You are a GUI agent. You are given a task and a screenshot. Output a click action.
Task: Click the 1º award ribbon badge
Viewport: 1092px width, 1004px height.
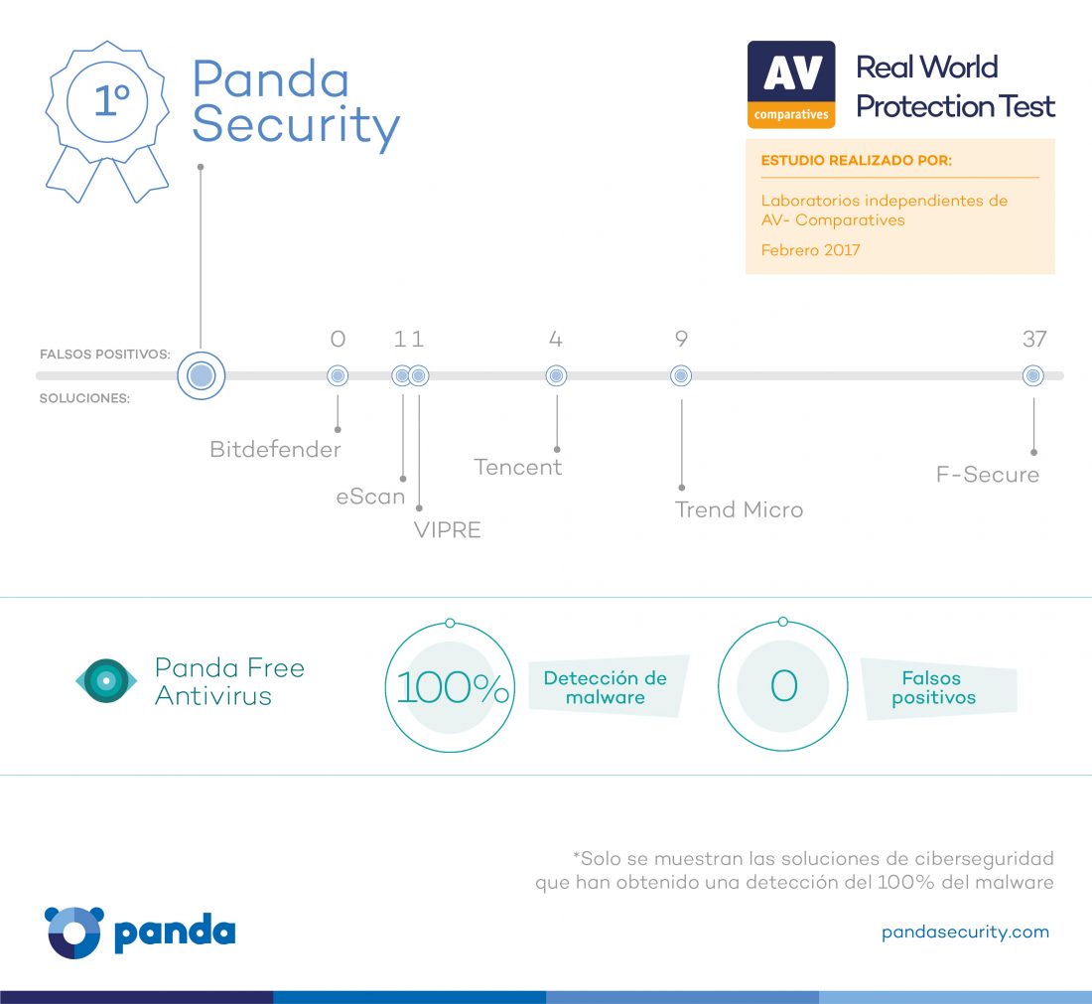(x=107, y=122)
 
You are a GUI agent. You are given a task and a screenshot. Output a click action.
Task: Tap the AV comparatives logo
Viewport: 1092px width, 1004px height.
(x=791, y=84)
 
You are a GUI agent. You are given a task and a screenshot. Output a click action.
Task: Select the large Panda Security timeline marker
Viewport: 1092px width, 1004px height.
(x=202, y=375)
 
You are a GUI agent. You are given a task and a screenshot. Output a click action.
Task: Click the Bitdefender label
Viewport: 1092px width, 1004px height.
(x=275, y=450)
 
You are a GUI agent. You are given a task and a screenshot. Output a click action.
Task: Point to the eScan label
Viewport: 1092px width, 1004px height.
(x=370, y=497)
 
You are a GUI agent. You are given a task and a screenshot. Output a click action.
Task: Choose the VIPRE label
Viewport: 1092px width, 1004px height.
(x=447, y=530)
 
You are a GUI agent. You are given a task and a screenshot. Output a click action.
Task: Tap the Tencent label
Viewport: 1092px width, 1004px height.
(x=517, y=467)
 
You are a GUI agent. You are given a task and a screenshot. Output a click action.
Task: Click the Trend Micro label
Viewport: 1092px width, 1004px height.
(x=739, y=510)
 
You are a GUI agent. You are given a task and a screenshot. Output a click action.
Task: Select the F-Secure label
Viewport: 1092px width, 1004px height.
(x=988, y=475)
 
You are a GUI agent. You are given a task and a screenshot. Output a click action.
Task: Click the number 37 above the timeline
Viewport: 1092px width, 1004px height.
(x=1034, y=340)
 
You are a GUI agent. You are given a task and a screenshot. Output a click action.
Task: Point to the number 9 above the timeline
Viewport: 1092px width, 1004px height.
(x=681, y=340)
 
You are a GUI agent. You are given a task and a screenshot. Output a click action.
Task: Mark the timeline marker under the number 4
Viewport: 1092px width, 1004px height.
(x=557, y=375)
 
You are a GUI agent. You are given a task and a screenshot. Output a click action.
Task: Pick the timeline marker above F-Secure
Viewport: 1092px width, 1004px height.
(x=1032, y=375)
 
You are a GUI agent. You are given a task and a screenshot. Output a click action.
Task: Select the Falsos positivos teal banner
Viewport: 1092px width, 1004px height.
(x=939, y=688)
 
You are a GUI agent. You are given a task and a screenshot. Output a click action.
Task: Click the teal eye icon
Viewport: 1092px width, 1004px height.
(x=106, y=680)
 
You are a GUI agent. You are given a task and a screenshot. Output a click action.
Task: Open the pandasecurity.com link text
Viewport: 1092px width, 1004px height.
(x=965, y=932)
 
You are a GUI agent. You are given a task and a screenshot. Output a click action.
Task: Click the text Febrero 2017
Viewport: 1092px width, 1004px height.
(x=811, y=250)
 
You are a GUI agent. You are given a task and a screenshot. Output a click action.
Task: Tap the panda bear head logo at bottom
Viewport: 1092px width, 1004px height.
(x=73, y=932)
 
